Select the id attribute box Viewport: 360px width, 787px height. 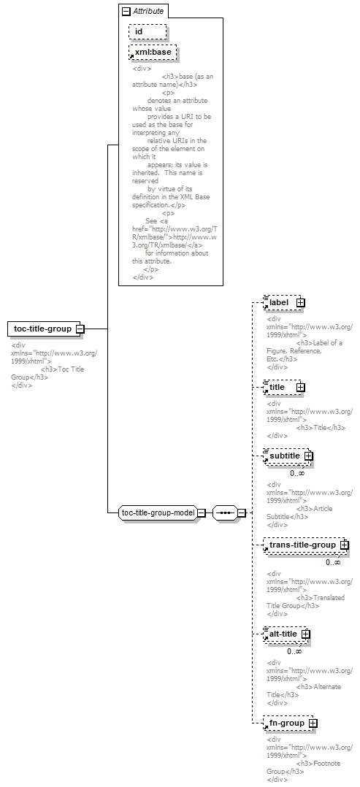[x=148, y=31]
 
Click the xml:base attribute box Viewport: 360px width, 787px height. [x=153, y=53]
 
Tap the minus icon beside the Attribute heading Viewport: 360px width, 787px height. [x=126, y=11]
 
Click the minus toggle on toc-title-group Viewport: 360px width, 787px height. [x=80, y=329]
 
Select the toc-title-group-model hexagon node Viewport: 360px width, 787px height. [x=158, y=513]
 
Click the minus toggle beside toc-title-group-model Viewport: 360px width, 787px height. [x=201, y=513]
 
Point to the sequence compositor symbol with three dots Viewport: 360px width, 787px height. [x=225, y=513]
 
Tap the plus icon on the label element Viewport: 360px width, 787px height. [x=301, y=303]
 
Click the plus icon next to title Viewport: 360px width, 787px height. [x=301, y=388]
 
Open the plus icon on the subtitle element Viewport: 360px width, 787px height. [x=308, y=456]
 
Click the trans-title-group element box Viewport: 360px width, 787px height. [x=305, y=545]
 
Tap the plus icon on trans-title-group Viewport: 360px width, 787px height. [x=345, y=545]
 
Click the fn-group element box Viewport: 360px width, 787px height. [x=288, y=723]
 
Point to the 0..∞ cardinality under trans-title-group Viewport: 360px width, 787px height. [x=333, y=562]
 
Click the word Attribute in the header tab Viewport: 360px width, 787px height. [x=148, y=11]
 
